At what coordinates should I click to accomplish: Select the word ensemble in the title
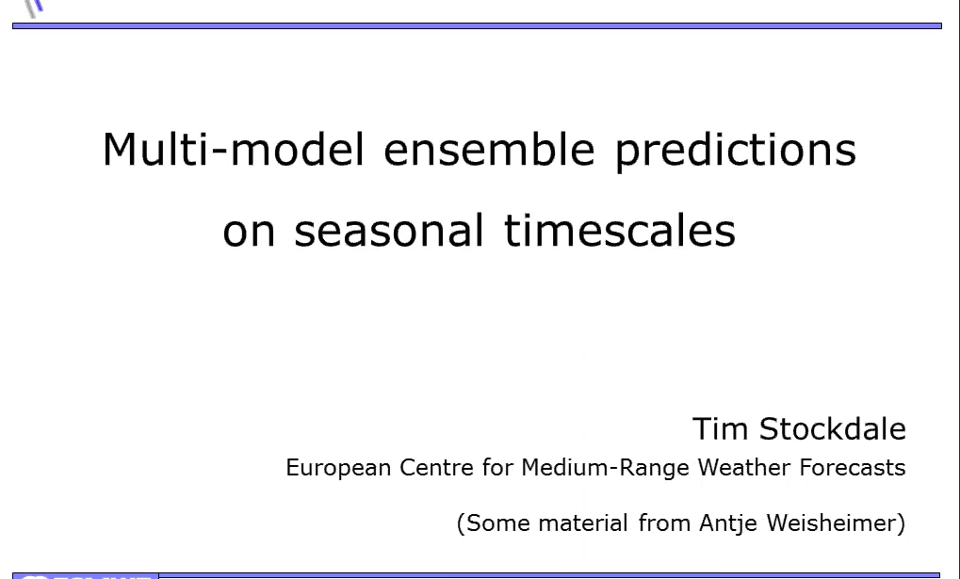tap(489, 149)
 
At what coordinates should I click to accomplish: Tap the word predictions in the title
tap(735, 151)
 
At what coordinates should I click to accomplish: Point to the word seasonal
tap(389, 230)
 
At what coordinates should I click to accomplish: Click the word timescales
tap(620, 230)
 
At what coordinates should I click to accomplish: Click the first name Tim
tap(720, 428)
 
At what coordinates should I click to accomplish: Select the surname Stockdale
tap(833, 428)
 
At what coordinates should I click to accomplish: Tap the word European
tap(338, 468)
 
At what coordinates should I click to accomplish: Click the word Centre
tap(436, 468)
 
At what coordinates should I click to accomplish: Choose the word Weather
tap(744, 468)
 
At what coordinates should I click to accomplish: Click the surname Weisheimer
tap(831, 523)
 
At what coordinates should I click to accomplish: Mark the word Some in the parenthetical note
tap(498, 523)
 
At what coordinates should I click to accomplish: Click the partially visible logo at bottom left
tap(86, 576)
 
